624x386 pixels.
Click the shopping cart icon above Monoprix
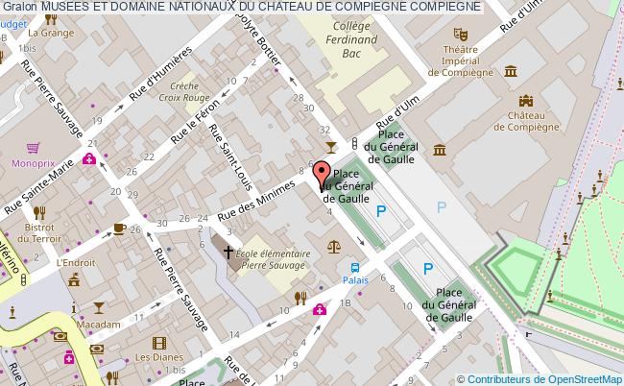coord(33,148)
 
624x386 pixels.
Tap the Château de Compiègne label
coord(526,120)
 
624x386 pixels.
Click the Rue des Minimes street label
coord(259,199)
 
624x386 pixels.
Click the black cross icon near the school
coord(228,253)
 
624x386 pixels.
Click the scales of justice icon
coord(334,247)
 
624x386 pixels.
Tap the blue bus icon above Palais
coord(355,268)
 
